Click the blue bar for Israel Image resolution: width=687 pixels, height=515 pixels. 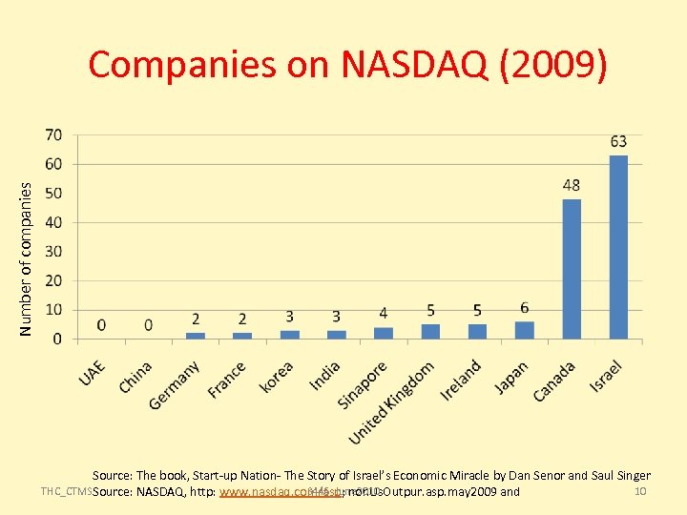click(618, 247)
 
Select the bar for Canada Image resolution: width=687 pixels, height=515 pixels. click(572, 269)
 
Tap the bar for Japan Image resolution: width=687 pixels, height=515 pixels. click(525, 330)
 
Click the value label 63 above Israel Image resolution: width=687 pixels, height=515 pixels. click(618, 142)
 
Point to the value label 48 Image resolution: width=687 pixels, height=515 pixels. click(572, 185)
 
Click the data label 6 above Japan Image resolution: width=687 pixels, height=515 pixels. click(525, 307)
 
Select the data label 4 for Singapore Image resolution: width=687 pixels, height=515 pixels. click(384, 313)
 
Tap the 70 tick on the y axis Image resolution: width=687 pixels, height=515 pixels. click(54, 134)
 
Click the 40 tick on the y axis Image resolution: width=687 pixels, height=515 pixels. click(54, 222)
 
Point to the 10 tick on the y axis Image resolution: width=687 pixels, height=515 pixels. click(54, 309)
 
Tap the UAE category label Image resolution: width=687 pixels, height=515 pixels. click(93, 373)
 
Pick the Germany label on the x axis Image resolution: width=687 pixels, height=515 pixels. click(175, 385)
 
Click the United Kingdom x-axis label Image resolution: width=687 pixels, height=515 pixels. click(391, 402)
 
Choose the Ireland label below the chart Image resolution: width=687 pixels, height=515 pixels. click(461, 380)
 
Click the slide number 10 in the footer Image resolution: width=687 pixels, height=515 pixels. click(641, 491)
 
